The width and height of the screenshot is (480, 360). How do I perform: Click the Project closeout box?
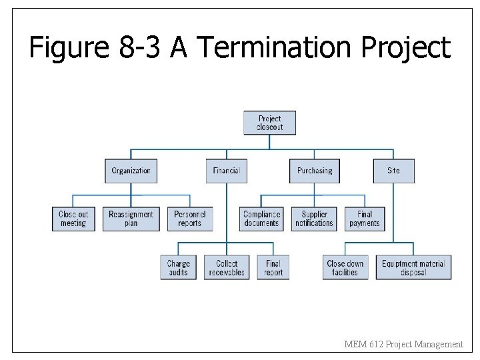[x=270, y=123]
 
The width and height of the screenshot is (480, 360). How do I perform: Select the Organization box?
[x=131, y=171]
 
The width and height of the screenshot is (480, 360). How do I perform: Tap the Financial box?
[x=226, y=171]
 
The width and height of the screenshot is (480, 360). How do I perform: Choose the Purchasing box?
[x=315, y=171]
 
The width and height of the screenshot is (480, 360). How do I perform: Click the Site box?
[x=393, y=171]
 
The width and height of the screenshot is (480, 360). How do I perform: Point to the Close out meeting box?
[x=73, y=219]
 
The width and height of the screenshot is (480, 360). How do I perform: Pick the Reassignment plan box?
[x=131, y=219]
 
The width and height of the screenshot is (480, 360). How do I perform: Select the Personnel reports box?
[x=189, y=219]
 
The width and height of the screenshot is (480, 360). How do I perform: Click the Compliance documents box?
[x=261, y=219]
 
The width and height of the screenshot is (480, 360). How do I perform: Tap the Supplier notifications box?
[x=314, y=219]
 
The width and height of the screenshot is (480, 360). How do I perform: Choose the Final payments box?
[x=365, y=219]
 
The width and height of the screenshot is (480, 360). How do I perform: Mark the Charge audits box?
[x=178, y=267]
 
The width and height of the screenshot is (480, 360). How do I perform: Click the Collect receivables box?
[x=227, y=267]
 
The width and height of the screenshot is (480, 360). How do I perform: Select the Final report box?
[x=273, y=267]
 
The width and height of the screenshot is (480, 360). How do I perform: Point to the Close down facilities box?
[x=345, y=267]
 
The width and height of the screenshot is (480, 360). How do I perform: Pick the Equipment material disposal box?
[x=413, y=267]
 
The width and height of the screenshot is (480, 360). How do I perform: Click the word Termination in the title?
[x=276, y=48]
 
